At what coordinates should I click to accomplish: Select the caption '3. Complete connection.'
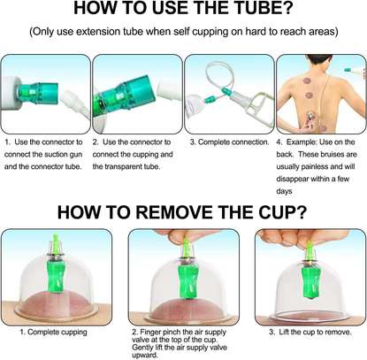tap(230, 142)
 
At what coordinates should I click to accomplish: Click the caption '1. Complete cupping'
tap(53, 333)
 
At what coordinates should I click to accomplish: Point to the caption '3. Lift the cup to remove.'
tap(310, 333)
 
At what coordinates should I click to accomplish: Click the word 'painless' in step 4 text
tap(313, 166)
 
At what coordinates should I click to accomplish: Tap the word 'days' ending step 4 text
tap(284, 191)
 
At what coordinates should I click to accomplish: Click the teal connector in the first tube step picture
tap(39, 93)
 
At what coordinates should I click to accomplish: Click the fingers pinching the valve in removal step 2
tap(183, 236)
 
